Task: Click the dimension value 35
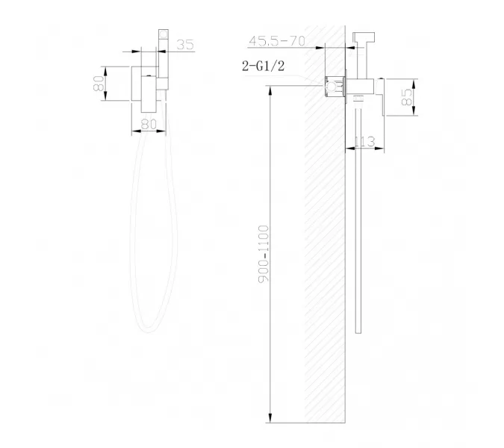pos(186,46)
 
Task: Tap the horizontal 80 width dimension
pos(149,125)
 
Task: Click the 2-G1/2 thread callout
pos(261,67)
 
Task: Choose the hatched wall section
pos(324,246)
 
